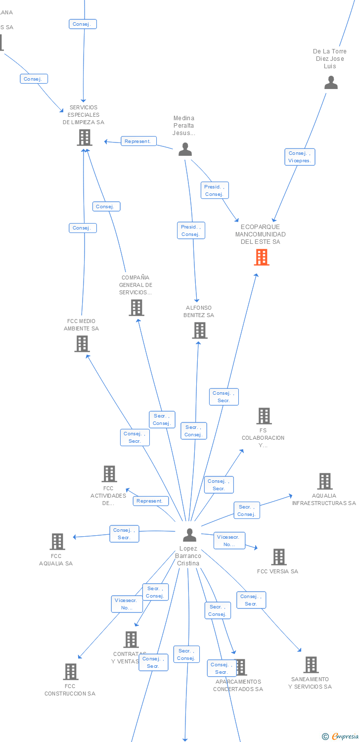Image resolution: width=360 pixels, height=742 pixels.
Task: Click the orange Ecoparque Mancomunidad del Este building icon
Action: pyautogui.click(x=262, y=257)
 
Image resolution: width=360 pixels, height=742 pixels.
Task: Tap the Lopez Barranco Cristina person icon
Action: pyautogui.click(x=189, y=535)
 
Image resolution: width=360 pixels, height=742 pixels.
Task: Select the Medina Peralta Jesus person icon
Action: pyautogui.click(x=185, y=149)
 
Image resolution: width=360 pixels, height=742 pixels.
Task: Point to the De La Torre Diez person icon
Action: pyautogui.click(x=331, y=83)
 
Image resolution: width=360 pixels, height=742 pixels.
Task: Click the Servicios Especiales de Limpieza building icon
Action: pyautogui.click(x=85, y=138)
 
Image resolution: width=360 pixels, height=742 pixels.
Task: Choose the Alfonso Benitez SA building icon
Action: pyautogui.click(x=199, y=330)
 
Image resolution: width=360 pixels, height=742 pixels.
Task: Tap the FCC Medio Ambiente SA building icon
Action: pyautogui.click(x=82, y=343)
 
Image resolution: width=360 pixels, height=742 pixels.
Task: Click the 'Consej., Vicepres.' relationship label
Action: pyautogui.click(x=300, y=157)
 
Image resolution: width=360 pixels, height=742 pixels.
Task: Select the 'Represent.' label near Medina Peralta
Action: pyautogui.click(x=137, y=141)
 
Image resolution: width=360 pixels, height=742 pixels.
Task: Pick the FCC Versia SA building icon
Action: pyautogui.click(x=279, y=557)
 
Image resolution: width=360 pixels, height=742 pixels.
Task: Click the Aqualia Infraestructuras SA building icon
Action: pyautogui.click(x=324, y=481)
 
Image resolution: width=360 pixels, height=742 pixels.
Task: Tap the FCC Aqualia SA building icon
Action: pyautogui.click(x=57, y=542)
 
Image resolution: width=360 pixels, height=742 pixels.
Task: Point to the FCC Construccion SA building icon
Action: pyautogui.click(x=71, y=672)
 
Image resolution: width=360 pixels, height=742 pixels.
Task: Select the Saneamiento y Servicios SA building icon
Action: pyautogui.click(x=311, y=665)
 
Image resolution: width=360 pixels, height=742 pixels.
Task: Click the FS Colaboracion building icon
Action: pyautogui.click(x=264, y=416)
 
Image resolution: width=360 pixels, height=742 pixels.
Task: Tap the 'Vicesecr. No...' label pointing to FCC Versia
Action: pyautogui.click(x=229, y=541)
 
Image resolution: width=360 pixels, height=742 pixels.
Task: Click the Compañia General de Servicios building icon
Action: pyautogui.click(x=136, y=308)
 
